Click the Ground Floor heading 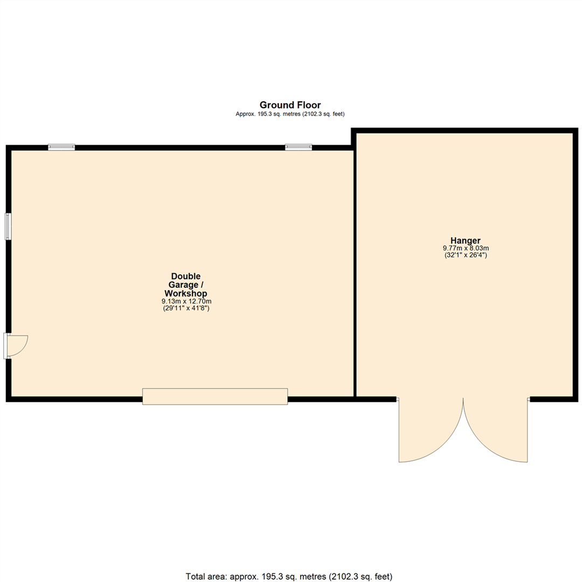pyautogui.click(x=290, y=105)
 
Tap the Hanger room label pyautogui.click(x=466, y=240)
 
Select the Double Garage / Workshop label pyautogui.click(x=185, y=285)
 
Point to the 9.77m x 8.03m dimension pyautogui.click(x=466, y=248)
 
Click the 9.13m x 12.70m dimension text pyautogui.click(x=185, y=301)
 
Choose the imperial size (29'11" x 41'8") pyautogui.click(x=185, y=308)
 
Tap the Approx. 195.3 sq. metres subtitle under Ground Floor pyautogui.click(x=290, y=114)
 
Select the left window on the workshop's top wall pyautogui.click(x=61, y=147)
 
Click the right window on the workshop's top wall pyautogui.click(x=299, y=147)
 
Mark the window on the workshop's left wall pyautogui.click(x=8, y=226)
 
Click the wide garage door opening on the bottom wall pyautogui.click(x=215, y=396)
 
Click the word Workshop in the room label pyautogui.click(x=185, y=293)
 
